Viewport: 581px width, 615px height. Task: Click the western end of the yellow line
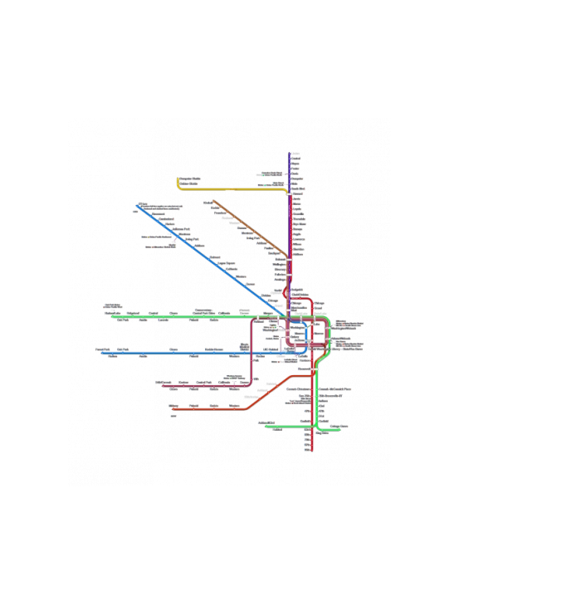click(x=178, y=178)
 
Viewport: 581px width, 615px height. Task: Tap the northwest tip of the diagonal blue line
click(x=137, y=205)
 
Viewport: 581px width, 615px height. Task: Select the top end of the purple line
click(x=289, y=154)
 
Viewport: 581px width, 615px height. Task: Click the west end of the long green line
click(x=112, y=316)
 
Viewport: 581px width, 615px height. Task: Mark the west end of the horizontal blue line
click(x=101, y=353)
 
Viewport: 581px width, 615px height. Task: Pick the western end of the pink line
click(x=160, y=385)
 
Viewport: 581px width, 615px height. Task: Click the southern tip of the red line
click(x=311, y=450)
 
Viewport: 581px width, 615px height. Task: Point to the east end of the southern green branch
click(x=342, y=429)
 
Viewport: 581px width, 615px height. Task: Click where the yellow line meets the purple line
click(x=288, y=191)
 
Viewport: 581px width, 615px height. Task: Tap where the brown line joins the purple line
click(x=288, y=256)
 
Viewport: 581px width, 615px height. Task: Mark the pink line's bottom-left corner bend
click(x=251, y=384)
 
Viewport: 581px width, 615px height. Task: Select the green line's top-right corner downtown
click(x=328, y=319)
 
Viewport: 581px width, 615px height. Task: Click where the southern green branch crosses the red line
click(x=315, y=427)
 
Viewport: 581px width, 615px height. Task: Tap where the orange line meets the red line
click(x=312, y=376)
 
